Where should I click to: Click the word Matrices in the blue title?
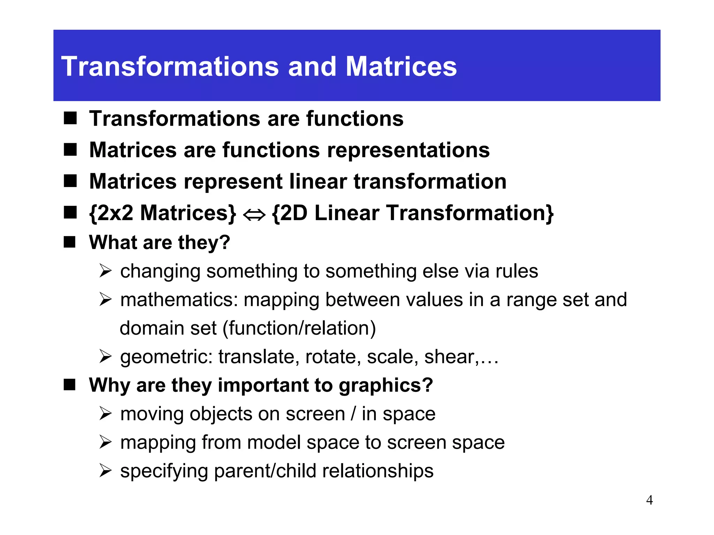(x=401, y=67)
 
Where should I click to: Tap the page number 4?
(x=649, y=500)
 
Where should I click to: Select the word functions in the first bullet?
(x=355, y=118)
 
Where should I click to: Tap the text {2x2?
(x=111, y=213)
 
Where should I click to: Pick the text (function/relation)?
(x=299, y=328)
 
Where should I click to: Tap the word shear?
(x=449, y=357)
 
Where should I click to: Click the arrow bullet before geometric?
(x=105, y=356)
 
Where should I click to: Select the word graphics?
(x=386, y=385)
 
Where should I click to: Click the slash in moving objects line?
(x=354, y=414)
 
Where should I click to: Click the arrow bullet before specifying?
(x=105, y=471)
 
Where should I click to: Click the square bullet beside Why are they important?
(x=70, y=385)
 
